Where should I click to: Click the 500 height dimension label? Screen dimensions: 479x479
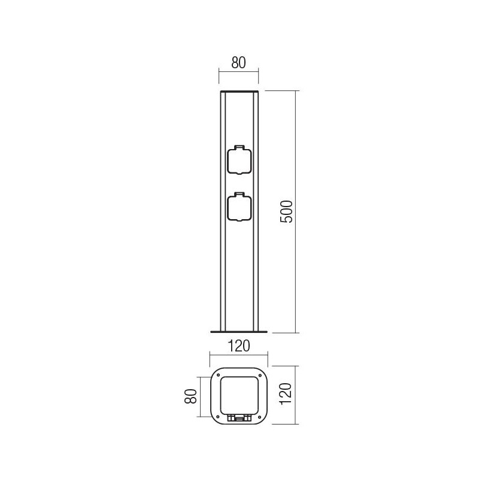(x=287, y=211)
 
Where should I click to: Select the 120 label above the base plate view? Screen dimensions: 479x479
(x=239, y=346)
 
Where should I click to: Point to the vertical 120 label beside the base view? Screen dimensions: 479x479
(x=287, y=395)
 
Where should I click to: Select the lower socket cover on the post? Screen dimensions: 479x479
(x=239, y=208)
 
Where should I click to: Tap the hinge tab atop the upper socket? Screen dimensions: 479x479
(x=239, y=146)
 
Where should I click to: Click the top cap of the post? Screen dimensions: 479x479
(x=239, y=92)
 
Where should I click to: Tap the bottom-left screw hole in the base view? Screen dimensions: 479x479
(x=217, y=417)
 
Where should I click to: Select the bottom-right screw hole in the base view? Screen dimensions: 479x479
(x=261, y=417)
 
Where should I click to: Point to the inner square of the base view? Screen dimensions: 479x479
(x=239, y=394)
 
